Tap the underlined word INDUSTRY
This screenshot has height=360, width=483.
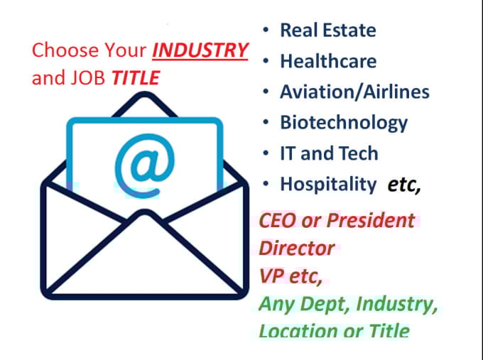[x=201, y=51]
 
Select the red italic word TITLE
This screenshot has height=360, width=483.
[x=135, y=77]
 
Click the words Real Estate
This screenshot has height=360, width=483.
[x=328, y=30]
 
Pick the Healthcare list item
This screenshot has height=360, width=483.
[x=328, y=61]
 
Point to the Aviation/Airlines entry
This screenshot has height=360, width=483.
[x=354, y=92]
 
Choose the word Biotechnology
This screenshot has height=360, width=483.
[x=344, y=122]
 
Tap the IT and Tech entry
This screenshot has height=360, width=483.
[x=329, y=153]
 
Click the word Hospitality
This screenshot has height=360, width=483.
[x=328, y=185]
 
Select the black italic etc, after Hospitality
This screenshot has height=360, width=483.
[x=404, y=185]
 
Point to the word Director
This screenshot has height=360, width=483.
[x=297, y=248]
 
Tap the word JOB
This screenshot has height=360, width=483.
[x=87, y=77]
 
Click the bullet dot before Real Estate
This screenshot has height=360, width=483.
[x=266, y=31]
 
